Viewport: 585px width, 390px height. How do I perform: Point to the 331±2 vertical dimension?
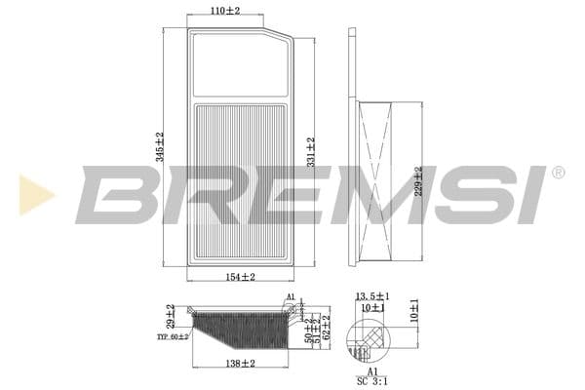pyautogui.click(x=311, y=150)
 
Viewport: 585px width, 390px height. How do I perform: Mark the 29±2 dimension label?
pyautogui.click(x=171, y=315)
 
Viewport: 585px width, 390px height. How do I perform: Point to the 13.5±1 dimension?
pyautogui.click(x=372, y=295)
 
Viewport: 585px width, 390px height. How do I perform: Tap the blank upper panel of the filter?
pyautogui.click(x=240, y=66)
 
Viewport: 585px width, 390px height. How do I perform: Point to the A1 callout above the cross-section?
pyautogui.click(x=290, y=296)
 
